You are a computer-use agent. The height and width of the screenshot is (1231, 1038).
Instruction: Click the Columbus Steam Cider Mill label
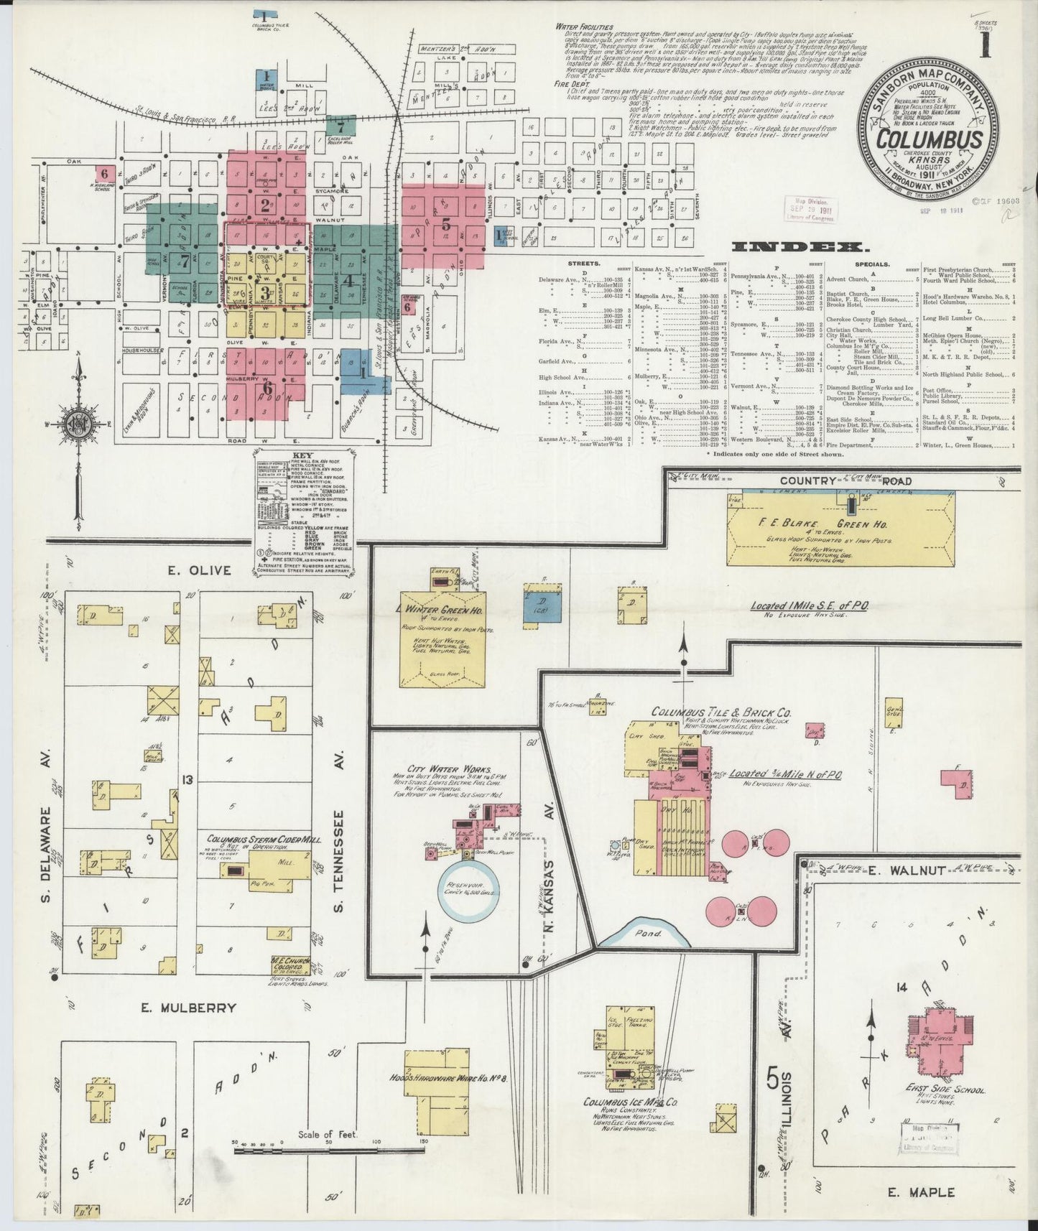coord(264,839)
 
